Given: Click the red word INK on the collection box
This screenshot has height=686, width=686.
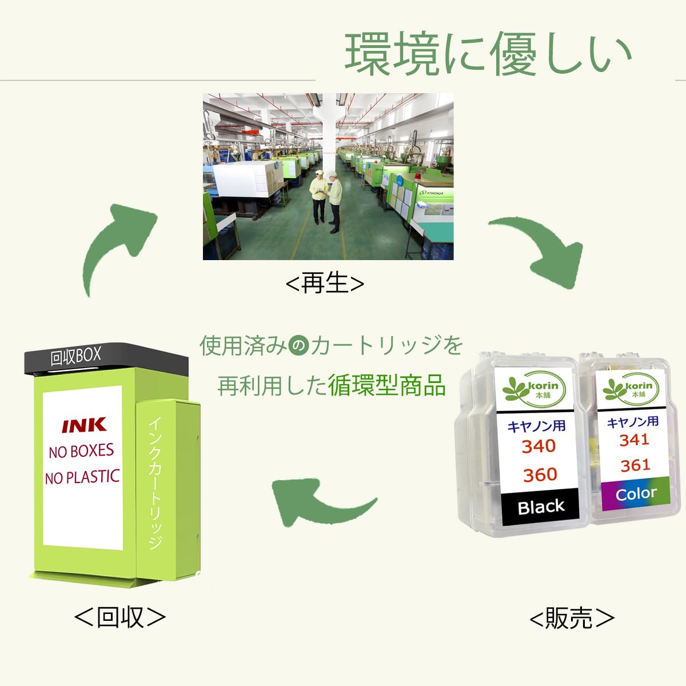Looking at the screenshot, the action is pyautogui.click(x=84, y=425).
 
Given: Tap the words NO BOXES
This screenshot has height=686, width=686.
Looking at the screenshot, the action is pyautogui.click(x=81, y=452).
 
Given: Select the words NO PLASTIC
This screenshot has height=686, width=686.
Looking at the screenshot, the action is pyautogui.click(x=83, y=477).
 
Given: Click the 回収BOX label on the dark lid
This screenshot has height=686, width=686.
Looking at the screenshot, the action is pyautogui.click(x=75, y=357).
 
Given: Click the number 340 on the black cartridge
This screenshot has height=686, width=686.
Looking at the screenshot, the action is pyautogui.click(x=539, y=446).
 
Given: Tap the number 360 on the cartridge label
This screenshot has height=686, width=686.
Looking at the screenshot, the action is pyautogui.click(x=540, y=474).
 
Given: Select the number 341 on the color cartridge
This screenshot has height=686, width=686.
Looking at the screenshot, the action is pyautogui.click(x=634, y=440).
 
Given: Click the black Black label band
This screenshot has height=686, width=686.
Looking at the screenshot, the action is pyautogui.click(x=540, y=507).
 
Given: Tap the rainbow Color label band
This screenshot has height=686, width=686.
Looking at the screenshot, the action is pyautogui.click(x=636, y=493).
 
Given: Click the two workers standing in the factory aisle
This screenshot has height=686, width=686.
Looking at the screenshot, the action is pyautogui.click(x=326, y=200).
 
